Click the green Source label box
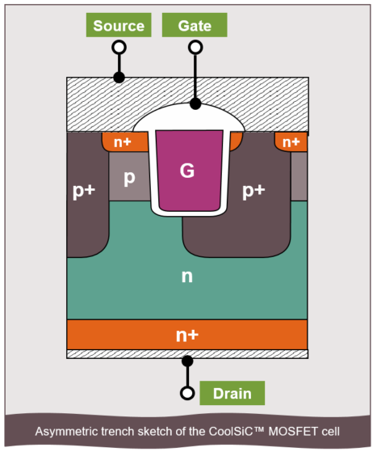click(x=119, y=25)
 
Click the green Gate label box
click(x=195, y=25)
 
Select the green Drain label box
click(x=232, y=394)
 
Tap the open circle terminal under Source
click(x=119, y=48)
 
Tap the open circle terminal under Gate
click(x=195, y=48)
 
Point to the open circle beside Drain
click(x=187, y=394)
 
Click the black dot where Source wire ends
click(x=119, y=78)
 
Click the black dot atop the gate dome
click(x=195, y=103)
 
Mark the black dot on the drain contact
click(x=187, y=361)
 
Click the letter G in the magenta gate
click(x=186, y=171)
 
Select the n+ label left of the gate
click(x=123, y=142)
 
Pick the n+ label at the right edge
click(x=291, y=142)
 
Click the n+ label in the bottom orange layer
click(x=186, y=334)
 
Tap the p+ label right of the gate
click(x=253, y=191)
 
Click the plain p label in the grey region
click(x=128, y=178)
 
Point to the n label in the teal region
click(x=186, y=277)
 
